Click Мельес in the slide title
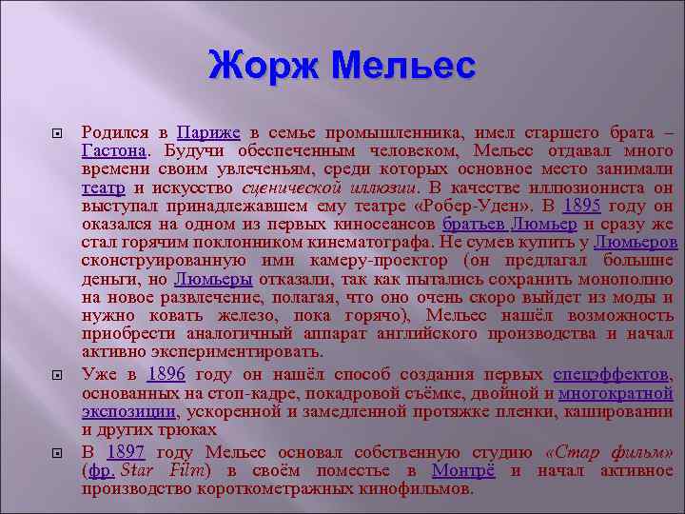pos(402,67)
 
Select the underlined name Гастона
pos(113,150)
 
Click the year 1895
pos(583,206)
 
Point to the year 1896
pos(166,373)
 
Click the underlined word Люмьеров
pos(636,243)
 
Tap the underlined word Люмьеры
pos(213,280)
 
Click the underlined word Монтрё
pos(466,470)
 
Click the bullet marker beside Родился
pos(57,133)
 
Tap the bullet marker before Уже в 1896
pos(57,374)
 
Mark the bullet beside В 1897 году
pos(57,452)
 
